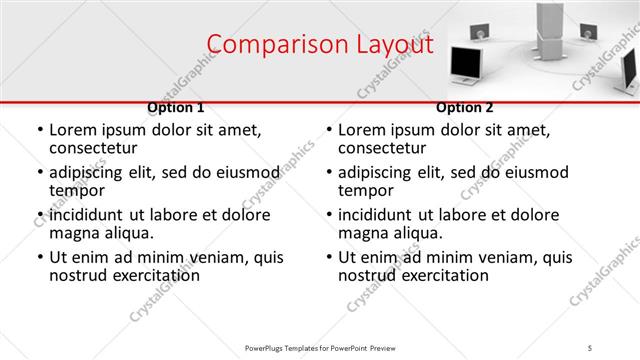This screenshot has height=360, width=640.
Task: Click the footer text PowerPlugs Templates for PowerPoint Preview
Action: pos(320,347)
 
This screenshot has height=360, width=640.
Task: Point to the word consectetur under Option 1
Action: pos(94,148)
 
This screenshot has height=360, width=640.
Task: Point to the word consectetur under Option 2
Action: pos(383,148)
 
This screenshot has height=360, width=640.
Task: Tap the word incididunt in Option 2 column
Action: pos(378,215)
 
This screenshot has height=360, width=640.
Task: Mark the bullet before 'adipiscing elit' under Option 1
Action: pos(40,173)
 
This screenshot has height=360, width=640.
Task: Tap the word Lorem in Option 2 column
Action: pos(361,130)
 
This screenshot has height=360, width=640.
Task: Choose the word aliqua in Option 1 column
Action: pos(130,233)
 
